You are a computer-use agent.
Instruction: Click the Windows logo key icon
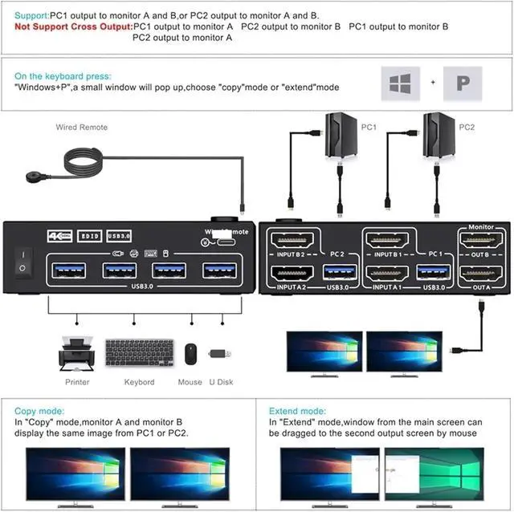(399, 83)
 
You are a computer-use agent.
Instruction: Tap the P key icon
(463, 83)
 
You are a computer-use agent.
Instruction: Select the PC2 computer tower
(439, 136)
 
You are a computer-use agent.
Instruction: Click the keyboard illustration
(138, 354)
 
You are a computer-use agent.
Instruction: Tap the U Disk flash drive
(221, 354)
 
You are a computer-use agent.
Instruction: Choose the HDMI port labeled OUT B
(480, 240)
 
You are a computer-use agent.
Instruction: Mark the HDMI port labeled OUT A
(480, 274)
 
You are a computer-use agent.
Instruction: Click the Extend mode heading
(297, 410)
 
